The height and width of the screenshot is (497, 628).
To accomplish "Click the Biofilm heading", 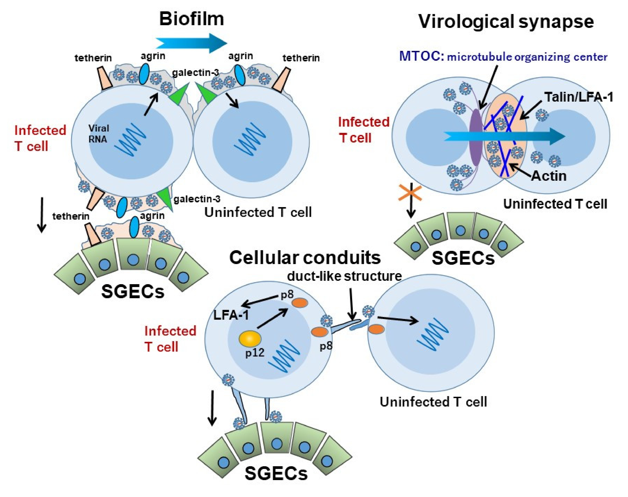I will click(x=191, y=19).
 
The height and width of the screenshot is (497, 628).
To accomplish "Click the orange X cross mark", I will click(x=410, y=193).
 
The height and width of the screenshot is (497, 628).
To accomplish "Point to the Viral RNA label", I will click(x=98, y=134).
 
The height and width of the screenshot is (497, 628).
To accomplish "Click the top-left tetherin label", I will click(x=93, y=58).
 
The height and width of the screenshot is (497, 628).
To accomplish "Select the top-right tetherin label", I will click(x=301, y=58).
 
